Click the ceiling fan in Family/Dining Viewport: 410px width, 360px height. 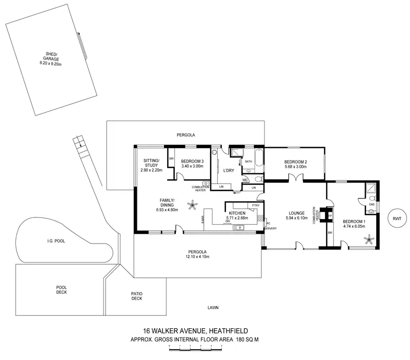(192, 206)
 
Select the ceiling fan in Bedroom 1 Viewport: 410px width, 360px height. (368, 238)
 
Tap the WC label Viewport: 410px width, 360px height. (245, 179)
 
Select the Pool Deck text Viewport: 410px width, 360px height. (61, 290)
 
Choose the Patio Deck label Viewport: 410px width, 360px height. (136, 296)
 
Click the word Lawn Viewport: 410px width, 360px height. (213, 308)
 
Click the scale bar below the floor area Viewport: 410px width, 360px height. (195, 349)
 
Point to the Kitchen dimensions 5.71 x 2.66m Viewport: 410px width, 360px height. (237, 218)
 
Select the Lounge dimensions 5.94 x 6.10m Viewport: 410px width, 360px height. (297, 218)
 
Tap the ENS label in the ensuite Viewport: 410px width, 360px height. (372, 204)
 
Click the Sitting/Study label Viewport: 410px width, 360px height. (151, 164)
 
